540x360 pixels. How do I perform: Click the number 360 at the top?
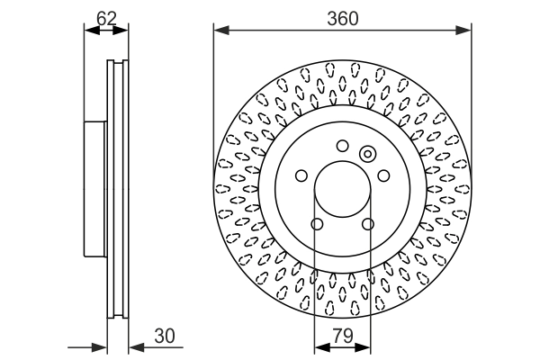pyautogui.click(x=342, y=17)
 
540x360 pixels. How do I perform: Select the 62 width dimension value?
pyautogui.click(x=106, y=17)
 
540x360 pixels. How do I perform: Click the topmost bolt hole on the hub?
pyautogui.click(x=342, y=146)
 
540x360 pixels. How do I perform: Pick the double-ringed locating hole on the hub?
pyautogui.click(x=367, y=154)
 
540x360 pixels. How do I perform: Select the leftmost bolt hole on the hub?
pyautogui.click(x=302, y=175)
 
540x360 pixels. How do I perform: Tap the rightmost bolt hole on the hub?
pyautogui.click(x=382, y=175)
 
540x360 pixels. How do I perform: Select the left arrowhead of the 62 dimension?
pyautogui.click(x=89, y=31)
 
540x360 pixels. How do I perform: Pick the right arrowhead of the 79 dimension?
pyautogui.click(x=366, y=348)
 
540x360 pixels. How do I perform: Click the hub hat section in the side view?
pyautogui.click(x=95, y=189)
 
